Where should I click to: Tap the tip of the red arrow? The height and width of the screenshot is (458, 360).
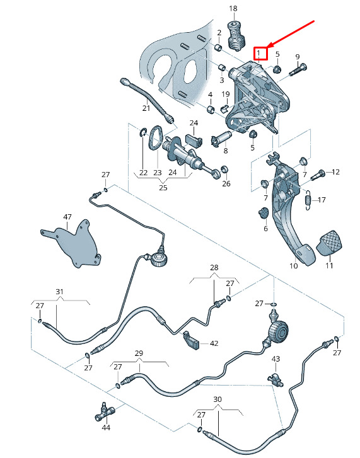[267, 48]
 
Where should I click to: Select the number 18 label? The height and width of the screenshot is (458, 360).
[233, 8]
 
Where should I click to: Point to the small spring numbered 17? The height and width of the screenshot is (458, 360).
[308, 200]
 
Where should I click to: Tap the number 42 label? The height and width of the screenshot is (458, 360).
[214, 343]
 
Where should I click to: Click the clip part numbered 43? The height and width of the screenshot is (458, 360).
[276, 379]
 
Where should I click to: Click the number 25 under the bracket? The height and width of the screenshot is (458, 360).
[163, 188]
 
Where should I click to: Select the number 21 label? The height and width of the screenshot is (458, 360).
[146, 108]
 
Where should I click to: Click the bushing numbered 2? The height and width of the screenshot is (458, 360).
[218, 47]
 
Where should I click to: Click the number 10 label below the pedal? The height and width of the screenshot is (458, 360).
[294, 266]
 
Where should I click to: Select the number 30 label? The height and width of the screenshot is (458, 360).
[218, 399]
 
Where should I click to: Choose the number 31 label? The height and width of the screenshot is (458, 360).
[60, 292]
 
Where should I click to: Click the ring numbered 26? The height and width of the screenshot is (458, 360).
[224, 169]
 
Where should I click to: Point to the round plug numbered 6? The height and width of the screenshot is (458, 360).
[264, 213]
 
